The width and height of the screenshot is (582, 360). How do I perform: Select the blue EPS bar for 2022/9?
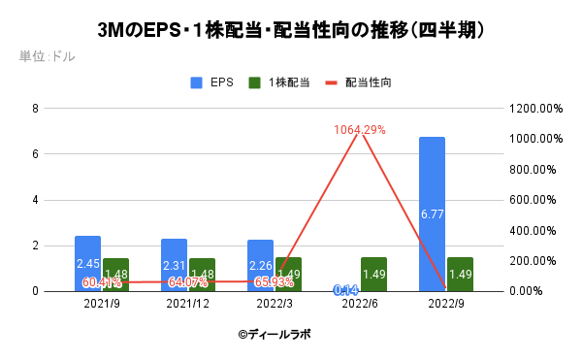coord(432,213)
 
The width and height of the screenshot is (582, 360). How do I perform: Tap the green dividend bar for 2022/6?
coord(374,274)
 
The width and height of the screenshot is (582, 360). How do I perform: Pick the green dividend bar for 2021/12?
coord(202,274)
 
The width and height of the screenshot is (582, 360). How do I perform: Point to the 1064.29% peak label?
coord(360,130)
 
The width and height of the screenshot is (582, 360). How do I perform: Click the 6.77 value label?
coord(432,213)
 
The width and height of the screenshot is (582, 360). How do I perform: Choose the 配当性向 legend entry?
coord(358,82)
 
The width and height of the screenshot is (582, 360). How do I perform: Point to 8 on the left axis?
coord(35,109)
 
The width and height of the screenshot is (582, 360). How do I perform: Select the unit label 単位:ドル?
coord(47,56)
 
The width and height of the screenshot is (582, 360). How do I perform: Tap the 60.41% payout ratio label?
coord(101,282)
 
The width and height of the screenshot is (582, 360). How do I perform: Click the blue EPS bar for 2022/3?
coord(260,264)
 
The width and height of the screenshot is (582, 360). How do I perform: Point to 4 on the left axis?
coord(35,200)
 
